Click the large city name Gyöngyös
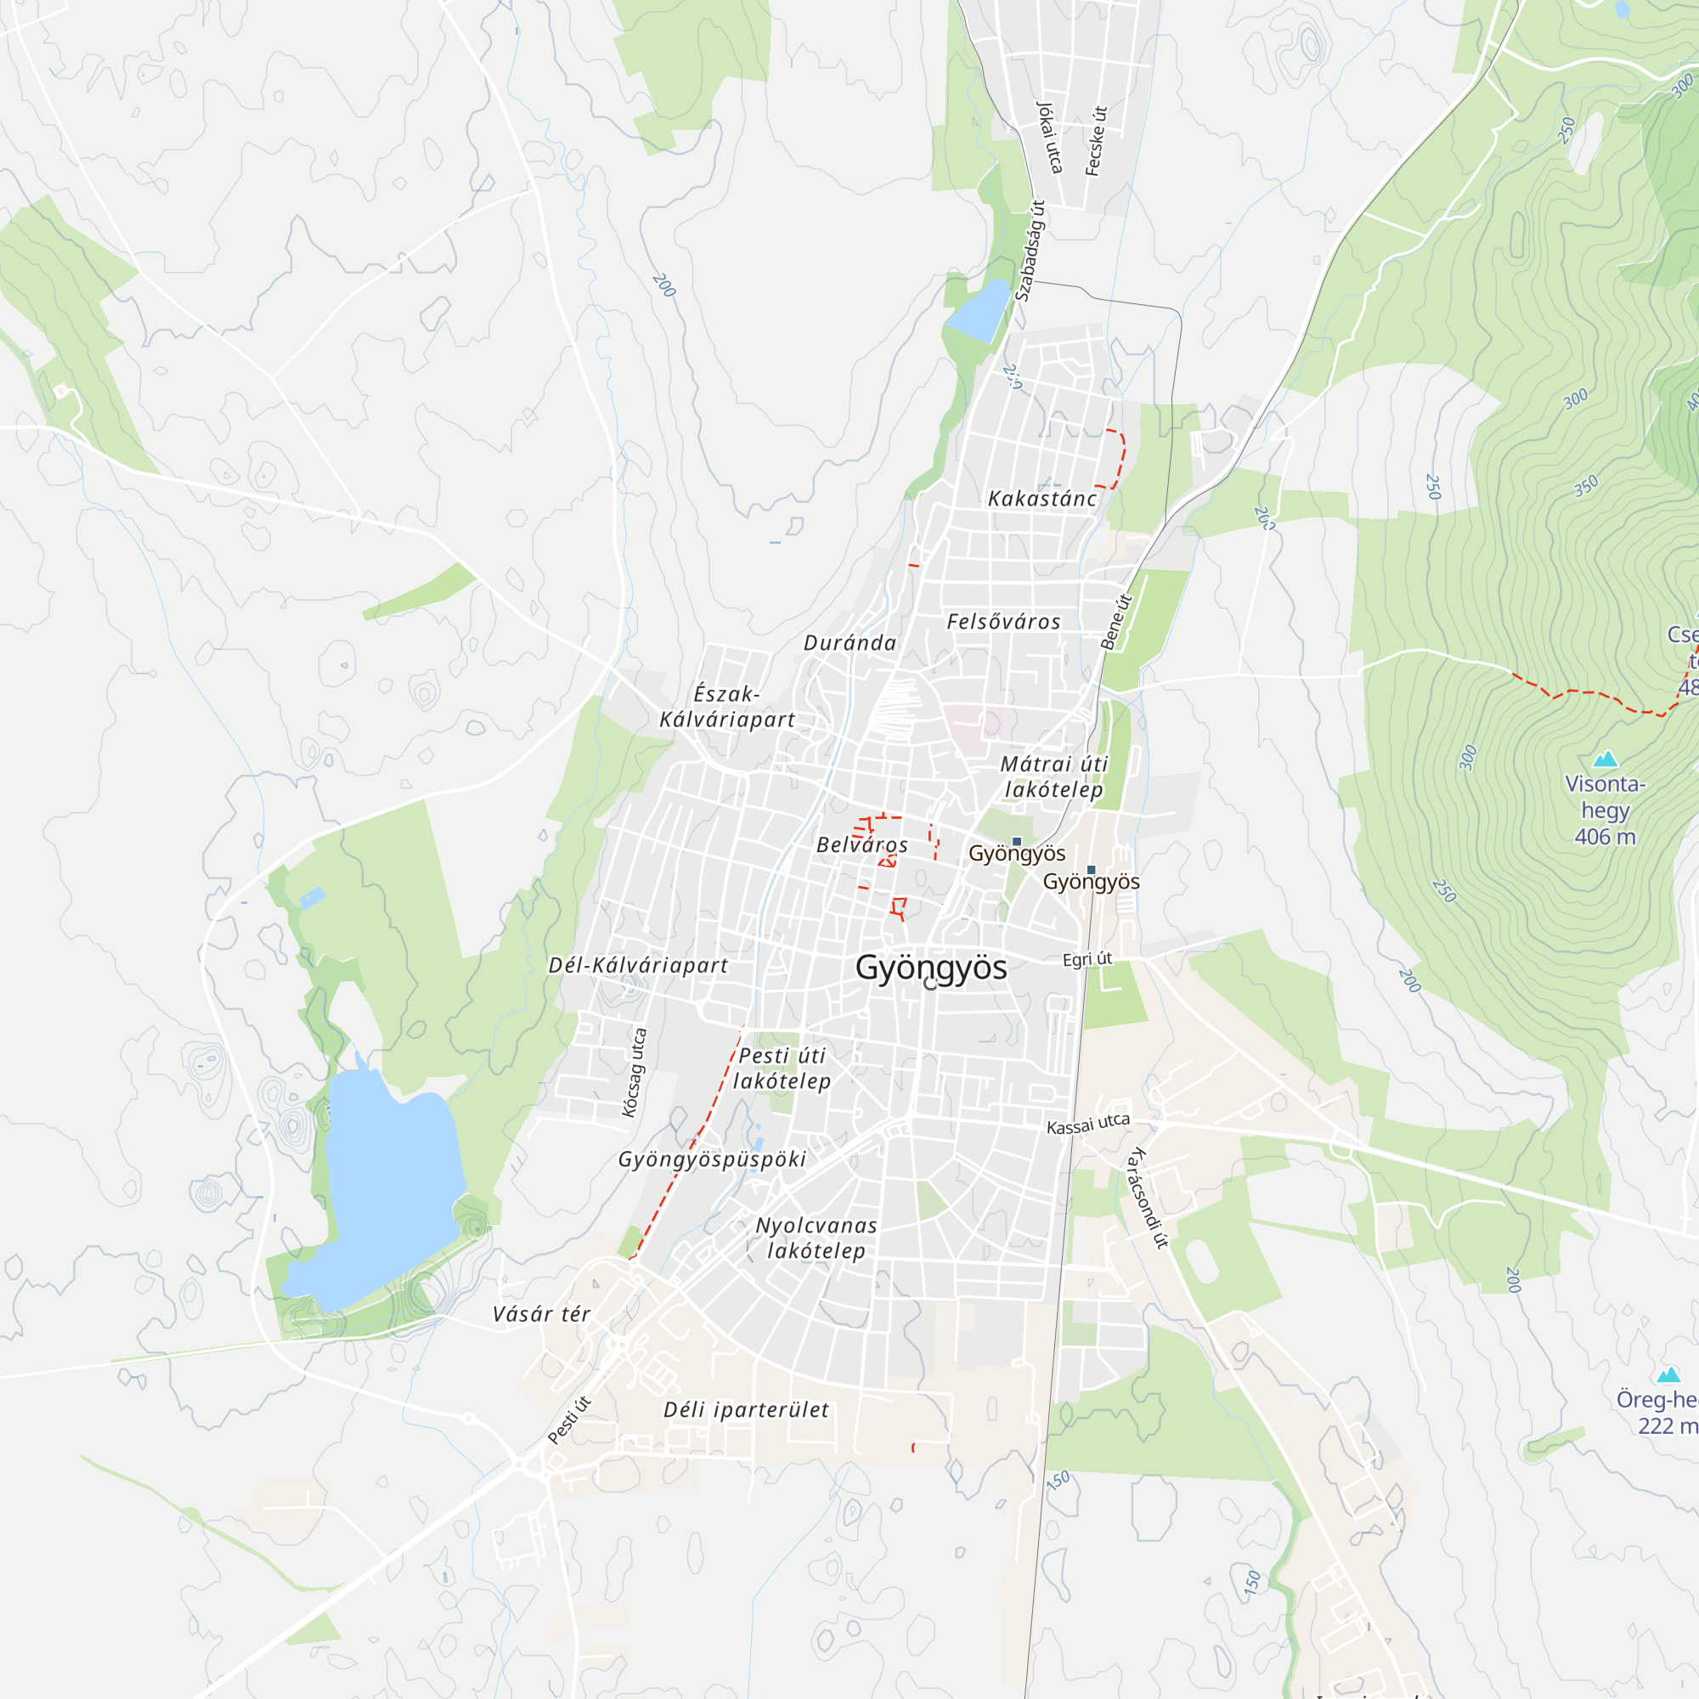[930, 968]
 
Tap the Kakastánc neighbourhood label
[1042, 499]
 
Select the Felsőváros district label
[1003, 622]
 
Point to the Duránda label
[849, 643]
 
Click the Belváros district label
[861, 844]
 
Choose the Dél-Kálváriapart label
[638, 965]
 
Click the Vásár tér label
[541, 1314]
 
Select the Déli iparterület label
[746, 1409]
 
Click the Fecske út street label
[1096, 141]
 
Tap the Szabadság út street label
[1030, 251]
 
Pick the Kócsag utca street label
[634, 1073]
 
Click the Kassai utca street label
[1088, 1124]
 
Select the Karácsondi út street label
[1149, 1198]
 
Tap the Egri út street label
[1087, 959]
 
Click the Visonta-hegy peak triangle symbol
[1605, 759]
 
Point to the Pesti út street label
[569, 1420]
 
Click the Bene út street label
[1116, 622]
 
